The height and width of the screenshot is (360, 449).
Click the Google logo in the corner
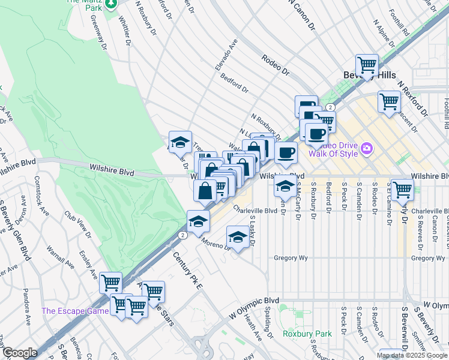tap(20, 353)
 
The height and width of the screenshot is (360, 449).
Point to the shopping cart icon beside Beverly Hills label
tap(367, 64)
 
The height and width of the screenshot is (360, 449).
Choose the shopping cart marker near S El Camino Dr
tap(402, 189)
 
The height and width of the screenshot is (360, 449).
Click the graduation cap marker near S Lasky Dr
tap(238, 238)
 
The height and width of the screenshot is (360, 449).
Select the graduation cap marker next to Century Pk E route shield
tap(198, 221)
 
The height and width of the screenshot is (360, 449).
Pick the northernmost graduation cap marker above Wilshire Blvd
tap(179, 142)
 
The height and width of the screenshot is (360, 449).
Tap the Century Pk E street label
tap(188, 271)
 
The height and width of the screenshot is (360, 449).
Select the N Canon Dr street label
tap(301, 14)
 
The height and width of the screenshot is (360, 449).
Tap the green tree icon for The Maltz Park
tap(111, 4)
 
